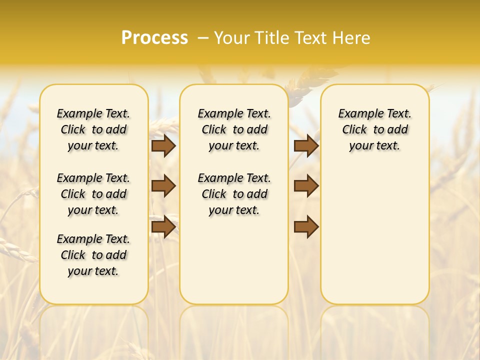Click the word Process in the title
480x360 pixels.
(x=154, y=38)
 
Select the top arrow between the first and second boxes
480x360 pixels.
(x=163, y=146)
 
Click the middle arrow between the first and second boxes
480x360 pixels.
(x=163, y=186)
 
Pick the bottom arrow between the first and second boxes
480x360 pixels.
(x=163, y=226)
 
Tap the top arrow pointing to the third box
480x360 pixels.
(x=306, y=146)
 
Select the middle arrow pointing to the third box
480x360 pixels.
(x=306, y=186)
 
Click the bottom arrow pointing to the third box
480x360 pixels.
(x=306, y=226)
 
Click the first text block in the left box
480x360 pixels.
(x=93, y=129)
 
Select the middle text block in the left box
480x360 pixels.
(x=93, y=194)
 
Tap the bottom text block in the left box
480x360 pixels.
(x=93, y=255)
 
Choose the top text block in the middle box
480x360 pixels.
(x=234, y=129)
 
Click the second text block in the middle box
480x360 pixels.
(x=234, y=194)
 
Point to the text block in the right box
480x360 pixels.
(x=374, y=129)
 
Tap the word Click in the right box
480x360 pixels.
(x=354, y=130)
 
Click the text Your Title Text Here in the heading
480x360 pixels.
(x=292, y=38)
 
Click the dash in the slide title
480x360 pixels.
(x=203, y=38)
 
